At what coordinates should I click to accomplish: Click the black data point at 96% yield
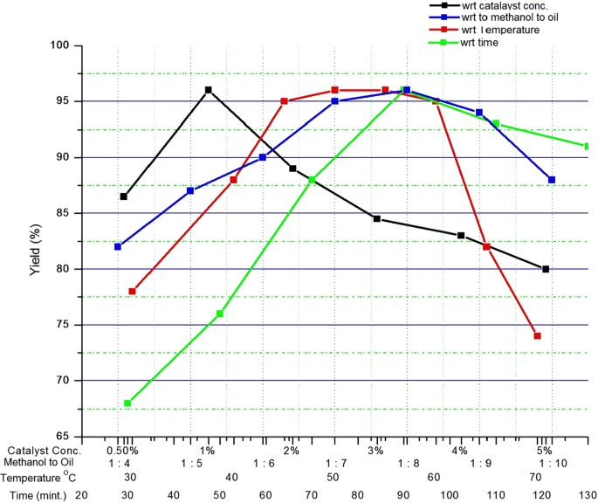point(208,90)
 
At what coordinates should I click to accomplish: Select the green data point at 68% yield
point(127,403)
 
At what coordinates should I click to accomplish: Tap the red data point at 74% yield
point(538,336)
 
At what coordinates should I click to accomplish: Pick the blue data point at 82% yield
point(118,246)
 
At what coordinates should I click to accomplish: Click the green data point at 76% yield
point(220,314)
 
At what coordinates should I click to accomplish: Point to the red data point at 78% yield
point(132,292)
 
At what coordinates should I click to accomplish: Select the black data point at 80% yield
point(546,269)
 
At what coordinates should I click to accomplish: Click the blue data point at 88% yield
point(552,180)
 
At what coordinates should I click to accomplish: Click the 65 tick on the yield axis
point(63,437)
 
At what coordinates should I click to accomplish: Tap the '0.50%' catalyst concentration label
point(122,451)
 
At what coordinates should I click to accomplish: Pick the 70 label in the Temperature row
point(534,478)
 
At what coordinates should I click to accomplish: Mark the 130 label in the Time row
point(588,494)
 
